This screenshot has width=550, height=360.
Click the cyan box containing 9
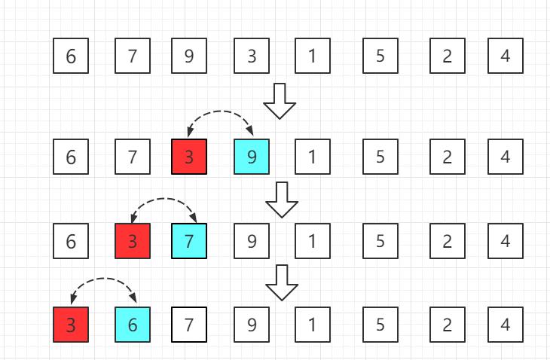pyautogui.click(x=252, y=157)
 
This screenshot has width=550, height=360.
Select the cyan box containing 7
pyautogui.click(x=189, y=241)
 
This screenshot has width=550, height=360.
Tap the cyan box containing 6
pyautogui.click(x=133, y=325)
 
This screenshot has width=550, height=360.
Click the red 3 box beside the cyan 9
pyautogui.click(x=189, y=157)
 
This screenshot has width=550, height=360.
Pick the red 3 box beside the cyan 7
pyautogui.click(x=133, y=241)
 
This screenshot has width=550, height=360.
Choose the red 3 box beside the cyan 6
pyautogui.click(x=71, y=325)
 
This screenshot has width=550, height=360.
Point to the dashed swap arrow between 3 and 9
pyautogui.click(x=220, y=111)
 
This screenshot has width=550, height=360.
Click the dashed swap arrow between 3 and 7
pyautogui.click(x=163, y=199)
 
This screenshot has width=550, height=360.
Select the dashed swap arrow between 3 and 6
pyautogui.click(x=103, y=279)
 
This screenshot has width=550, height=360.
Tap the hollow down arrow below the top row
pyautogui.click(x=280, y=101)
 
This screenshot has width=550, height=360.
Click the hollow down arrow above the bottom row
pyautogui.click(x=282, y=282)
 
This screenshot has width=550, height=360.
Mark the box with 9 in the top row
pyautogui.click(x=189, y=56)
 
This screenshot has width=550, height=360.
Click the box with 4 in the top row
pyautogui.click(x=506, y=56)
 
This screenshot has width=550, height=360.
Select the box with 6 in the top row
pyautogui.click(x=71, y=56)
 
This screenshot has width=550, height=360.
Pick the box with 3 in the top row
pyautogui.click(x=252, y=56)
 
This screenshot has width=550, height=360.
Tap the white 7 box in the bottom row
pyautogui.click(x=189, y=325)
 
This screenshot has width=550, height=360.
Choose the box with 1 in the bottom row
pyautogui.click(x=313, y=325)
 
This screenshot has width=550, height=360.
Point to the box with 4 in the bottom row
pyautogui.click(x=506, y=325)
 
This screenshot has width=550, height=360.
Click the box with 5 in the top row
pyautogui.click(x=380, y=56)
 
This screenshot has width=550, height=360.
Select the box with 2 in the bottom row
pyautogui.click(x=448, y=325)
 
